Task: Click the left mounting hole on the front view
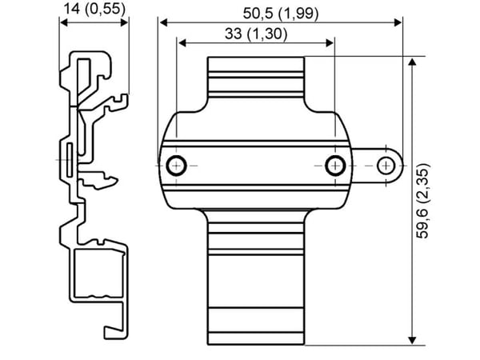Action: click(176, 166)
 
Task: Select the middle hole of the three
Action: click(335, 166)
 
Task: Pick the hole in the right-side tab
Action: click(386, 166)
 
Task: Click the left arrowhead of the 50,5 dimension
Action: click(164, 22)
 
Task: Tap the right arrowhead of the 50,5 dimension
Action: click(398, 22)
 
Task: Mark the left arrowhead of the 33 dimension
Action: click(182, 43)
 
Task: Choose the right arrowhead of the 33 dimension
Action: click(330, 43)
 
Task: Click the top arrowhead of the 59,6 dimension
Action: click(412, 62)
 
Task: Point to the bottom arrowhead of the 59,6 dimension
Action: click(412, 340)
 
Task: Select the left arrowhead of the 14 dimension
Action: click(64, 22)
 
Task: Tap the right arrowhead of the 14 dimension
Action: click(124, 22)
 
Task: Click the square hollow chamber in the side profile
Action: click(99, 274)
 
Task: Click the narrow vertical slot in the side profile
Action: click(70, 159)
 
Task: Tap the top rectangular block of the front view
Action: click(256, 77)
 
